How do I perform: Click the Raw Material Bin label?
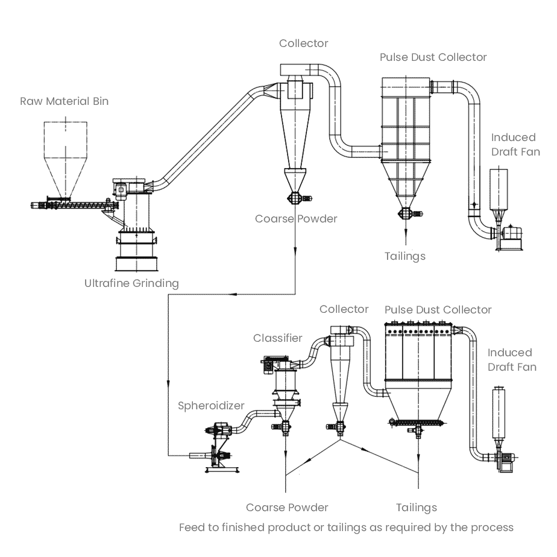pyautogui.click(x=65, y=101)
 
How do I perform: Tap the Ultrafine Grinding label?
pyautogui.click(x=131, y=283)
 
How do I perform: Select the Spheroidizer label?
pyautogui.click(x=211, y=406)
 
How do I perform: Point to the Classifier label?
pyautogui.click(x=278, y=338)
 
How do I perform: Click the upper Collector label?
pyautogui.click(x=304, y=43)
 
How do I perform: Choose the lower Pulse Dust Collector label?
pyautogui.click(x=438, y=310)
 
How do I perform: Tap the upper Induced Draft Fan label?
pyautogui.click(x=515, y=145)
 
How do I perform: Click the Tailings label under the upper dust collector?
pyautogui.click(x=405, y=256)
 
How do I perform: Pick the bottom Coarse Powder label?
pyautogui.click(x=287, y=508)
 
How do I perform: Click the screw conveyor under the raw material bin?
pyautogui.click(x=75, y=206)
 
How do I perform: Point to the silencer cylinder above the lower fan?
pyautogui.click(x=499, y=414)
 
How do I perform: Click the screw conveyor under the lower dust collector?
pyautogui.click(x=417, y=423)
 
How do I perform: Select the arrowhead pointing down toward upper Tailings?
pyautogui.click(x=406, y=231)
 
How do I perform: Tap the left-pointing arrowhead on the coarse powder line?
pyautogui.click(x=233, y=294)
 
